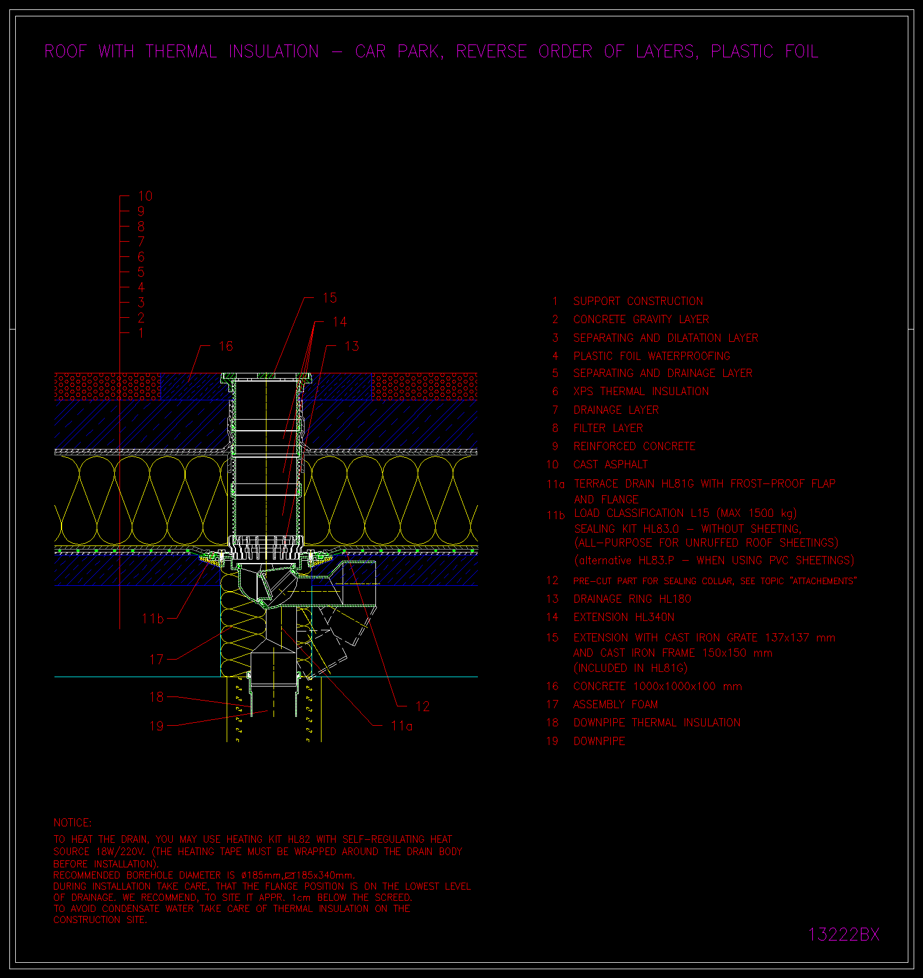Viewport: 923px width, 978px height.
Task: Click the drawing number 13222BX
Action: pyautogui.click(x=844, y=934)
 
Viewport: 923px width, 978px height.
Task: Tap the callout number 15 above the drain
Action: pyautogui.click(x=330, y=298)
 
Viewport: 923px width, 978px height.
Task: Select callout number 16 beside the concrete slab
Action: pyautogui.click(x=225, y=346)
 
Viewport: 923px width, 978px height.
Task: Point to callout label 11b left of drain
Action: pyautogui.click(x=153, y=619)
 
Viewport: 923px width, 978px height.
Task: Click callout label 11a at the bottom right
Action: pyautogui.click(x=402, y=726)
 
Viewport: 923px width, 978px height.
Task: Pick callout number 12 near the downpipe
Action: pyautogui.click(x=422, y=706)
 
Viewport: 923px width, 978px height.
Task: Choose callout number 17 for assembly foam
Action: pyautogui.click(x=156, y=660)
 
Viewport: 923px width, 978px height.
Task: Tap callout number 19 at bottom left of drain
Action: pyautogui.click(x=156, y=726)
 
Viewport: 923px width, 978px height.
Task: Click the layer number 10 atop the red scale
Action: pyautogui.click(x=145, y=196)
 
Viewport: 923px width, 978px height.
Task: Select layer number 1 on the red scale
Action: pyautogui.click(x=141, y=333)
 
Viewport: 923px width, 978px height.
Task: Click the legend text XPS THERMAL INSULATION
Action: pyautogui.click(x=641, y=392)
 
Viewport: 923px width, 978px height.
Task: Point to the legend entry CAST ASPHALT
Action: pyautogui.click(x=611, y=465)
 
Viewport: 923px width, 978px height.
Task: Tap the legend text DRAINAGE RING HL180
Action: pyautogui.click(x=633, y=599)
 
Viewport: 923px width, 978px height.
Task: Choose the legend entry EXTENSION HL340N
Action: pyautogui.click(x=624, y=617)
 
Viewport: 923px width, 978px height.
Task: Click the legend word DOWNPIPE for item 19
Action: pyautogui.click(x=600, y=741)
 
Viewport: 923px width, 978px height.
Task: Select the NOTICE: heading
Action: pyautogui.click(x=73, y=822)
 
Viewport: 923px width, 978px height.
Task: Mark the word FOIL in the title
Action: pyautogui.click(x=802, y=52)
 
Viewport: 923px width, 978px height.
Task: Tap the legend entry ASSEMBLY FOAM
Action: pyautogui.click(x=616, y=705)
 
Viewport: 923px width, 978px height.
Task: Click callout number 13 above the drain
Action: pyautogui.click(x=351, y=346)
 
